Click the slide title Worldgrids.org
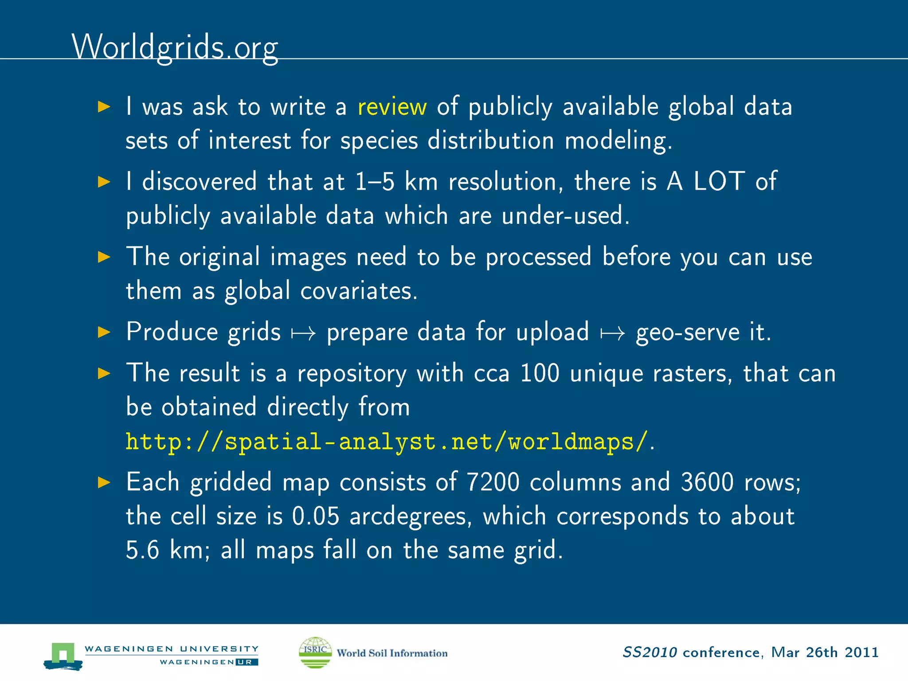175,47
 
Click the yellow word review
392,107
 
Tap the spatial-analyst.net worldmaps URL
386,442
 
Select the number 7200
493,482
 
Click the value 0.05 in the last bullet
316,516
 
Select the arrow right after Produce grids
303,333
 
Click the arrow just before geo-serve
613,333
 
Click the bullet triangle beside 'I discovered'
104,182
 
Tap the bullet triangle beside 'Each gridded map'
104,482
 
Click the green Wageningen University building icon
63,655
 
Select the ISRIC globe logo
315,652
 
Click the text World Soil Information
392,653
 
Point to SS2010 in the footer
650,653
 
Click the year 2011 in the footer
861,653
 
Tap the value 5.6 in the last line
142,551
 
